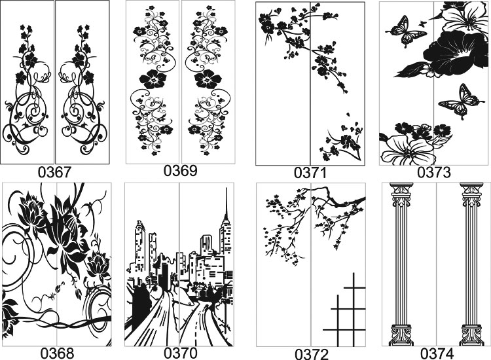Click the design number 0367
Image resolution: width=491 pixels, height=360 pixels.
click(55, 172)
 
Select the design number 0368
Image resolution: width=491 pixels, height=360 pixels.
click(58, 353)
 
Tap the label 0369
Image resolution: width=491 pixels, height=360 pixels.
click(181, 171)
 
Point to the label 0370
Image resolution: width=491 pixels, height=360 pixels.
click(181, 353)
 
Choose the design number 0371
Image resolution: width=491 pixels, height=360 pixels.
click(310, 173)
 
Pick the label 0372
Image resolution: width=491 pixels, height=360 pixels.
click(312, 354)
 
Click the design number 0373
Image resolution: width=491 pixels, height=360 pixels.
click(434, 172)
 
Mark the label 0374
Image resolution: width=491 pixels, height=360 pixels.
click(437, 353)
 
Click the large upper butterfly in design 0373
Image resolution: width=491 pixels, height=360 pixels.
click(405, 31)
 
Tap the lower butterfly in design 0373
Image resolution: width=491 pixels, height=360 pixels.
click(459, 101)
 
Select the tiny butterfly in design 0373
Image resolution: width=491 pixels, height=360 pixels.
click(423, 23)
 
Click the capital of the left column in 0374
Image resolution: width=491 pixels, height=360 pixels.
click(401, 193)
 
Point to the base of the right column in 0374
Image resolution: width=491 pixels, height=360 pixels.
click(471, 335)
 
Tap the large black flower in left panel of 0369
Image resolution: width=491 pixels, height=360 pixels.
click(153, 79)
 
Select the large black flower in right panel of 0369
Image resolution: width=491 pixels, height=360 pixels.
click(208, 79)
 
